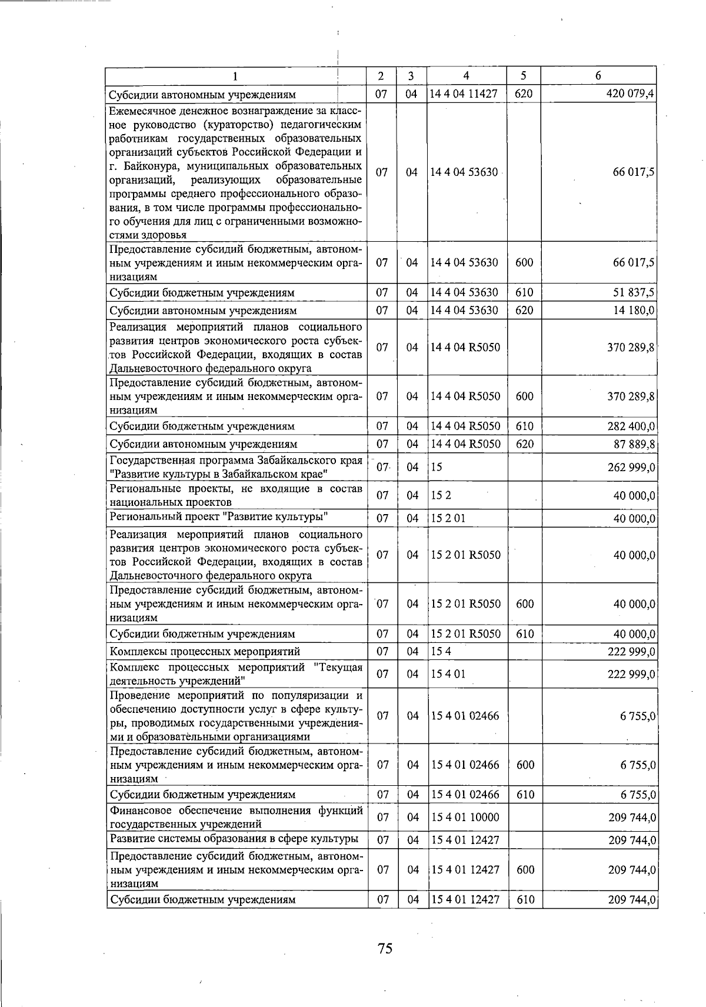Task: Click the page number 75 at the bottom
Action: (385, 948)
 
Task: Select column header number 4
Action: (466, 76)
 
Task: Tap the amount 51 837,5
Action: (634, 293)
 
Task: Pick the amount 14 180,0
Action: (634, 311)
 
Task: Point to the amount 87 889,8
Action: (634, 444)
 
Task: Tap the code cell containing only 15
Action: (437, 468)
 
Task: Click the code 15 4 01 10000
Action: (465, 818)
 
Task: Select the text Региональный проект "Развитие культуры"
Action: (218, 518)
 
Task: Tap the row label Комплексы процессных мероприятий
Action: (205, 652)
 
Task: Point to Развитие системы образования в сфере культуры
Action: (234, 839)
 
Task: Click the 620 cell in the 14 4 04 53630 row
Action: (524, 311)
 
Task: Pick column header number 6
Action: (598, 76)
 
